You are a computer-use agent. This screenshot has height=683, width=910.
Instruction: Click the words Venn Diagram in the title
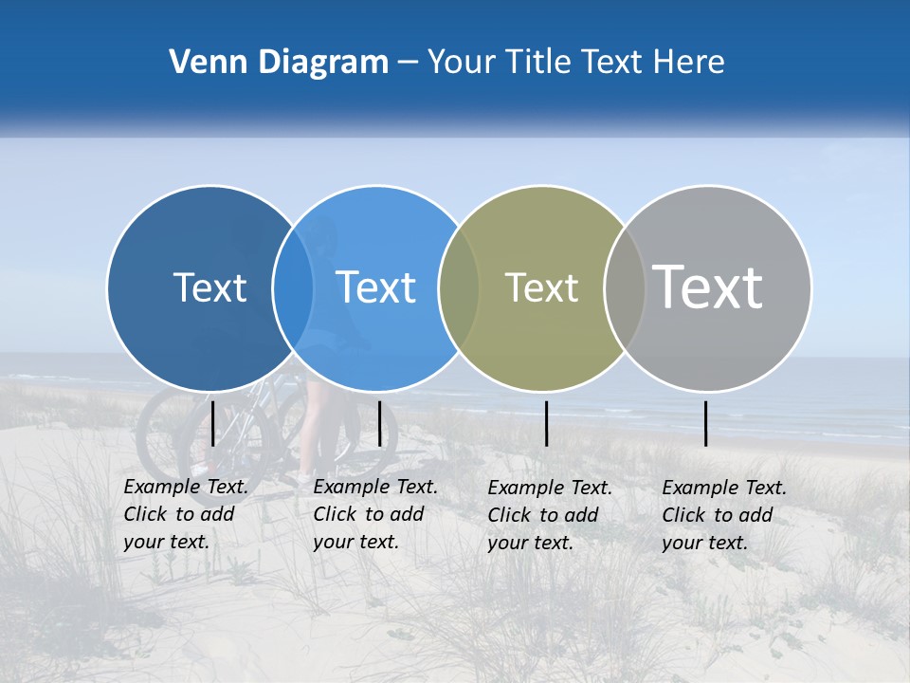pos(279,63)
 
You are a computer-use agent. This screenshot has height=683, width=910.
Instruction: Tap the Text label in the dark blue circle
pos(209,287)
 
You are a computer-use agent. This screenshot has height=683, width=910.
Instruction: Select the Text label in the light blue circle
pos(375,287)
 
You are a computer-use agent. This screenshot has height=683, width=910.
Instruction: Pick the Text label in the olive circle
pos(541,287)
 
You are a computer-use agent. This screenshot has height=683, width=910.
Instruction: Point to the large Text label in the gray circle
pos(707,287)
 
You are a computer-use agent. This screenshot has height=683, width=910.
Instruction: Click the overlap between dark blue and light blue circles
pos(293,287)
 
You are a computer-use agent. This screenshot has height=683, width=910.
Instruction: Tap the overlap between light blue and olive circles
pos(459,287)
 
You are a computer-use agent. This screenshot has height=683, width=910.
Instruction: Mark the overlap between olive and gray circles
pos(625,287)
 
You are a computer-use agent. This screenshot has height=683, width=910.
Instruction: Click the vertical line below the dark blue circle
pos(213,423)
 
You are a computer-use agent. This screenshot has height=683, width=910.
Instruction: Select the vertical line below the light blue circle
pos(379,423)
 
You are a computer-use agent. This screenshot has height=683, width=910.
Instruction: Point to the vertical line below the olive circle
pos(546,423)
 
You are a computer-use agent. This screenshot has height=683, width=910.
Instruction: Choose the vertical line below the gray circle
pos(705,423)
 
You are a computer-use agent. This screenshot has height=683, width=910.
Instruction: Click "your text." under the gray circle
pos(704,543)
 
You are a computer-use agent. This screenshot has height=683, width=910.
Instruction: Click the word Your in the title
pos(464,63)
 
